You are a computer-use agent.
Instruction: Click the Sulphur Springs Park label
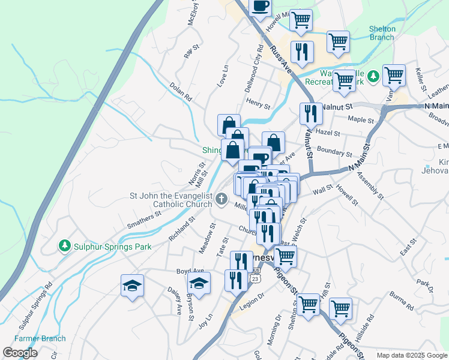tap(112, 247)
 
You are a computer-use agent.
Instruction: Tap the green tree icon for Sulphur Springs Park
tap(64, 246)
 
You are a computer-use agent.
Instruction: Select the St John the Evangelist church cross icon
tap(221, 199)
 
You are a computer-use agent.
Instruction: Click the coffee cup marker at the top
tap(260, 7)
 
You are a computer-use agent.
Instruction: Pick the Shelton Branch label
tap(382, 33)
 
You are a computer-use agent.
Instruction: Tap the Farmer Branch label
tap(40, 338)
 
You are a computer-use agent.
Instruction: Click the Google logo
tap(20, 352)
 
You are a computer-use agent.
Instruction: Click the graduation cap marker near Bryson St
tap(199, 283)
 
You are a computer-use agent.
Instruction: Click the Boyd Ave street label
tap(190, 271)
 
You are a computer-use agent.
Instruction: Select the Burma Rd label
tap(400, 302)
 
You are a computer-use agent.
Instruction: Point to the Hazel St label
tap(328, 133)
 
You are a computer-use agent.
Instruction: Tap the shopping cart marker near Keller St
tap(394, 75)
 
